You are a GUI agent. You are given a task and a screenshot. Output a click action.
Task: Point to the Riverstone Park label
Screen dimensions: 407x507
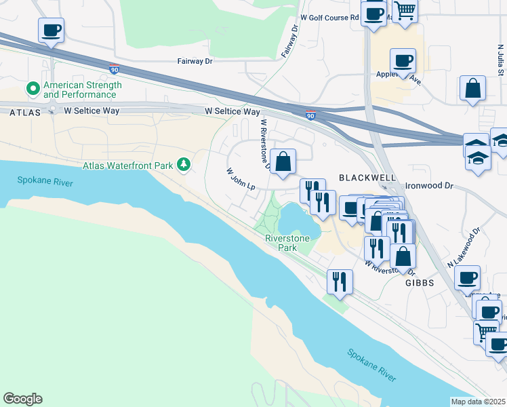coord(287,243)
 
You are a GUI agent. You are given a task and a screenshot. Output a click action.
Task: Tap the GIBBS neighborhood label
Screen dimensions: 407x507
coord(419,282)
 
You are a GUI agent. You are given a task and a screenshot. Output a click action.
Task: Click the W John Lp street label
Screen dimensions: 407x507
coord(240,180)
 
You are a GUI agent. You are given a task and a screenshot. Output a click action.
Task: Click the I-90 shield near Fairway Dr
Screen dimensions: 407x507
coord(114,69)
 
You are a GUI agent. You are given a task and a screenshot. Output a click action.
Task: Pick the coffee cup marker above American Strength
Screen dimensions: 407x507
coord(51,31)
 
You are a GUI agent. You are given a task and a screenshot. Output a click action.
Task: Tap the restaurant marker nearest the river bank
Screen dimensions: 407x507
coord(339,281)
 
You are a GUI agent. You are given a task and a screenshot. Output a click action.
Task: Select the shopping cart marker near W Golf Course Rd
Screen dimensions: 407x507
coord(405,10)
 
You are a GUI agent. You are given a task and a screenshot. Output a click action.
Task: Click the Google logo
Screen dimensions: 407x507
coord(22,399)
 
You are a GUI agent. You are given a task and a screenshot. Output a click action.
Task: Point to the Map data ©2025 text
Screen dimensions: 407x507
coord(478,402)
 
